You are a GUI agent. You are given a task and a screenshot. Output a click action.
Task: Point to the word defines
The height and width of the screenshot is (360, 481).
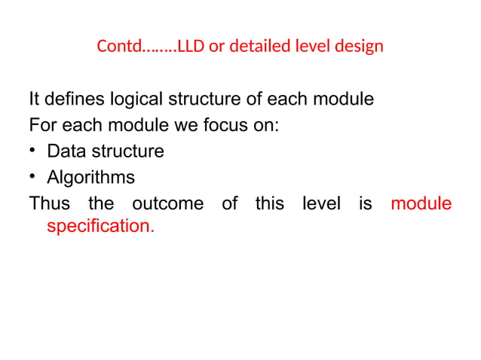coord(73,99)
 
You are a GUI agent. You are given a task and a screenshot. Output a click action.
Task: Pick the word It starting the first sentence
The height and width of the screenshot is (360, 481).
coord(34,99)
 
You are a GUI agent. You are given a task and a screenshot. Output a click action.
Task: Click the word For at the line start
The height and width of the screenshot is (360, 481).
coord(42,126)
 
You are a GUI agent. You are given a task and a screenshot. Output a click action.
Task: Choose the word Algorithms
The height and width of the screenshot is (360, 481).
coord(91,178)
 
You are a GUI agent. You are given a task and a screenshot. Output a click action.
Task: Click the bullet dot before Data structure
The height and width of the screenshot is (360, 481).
coord(34,151)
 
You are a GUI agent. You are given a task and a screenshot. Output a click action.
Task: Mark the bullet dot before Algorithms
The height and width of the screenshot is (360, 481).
coord(34,178)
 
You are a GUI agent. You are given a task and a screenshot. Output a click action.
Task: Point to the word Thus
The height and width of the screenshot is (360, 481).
coord(49,203)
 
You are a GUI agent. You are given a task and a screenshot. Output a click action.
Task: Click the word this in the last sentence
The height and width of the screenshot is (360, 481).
coord(269,203)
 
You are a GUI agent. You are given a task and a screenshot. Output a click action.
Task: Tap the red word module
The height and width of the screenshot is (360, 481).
coord(421,203)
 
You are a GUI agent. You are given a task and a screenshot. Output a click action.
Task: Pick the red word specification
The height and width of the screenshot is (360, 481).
coord(100,226)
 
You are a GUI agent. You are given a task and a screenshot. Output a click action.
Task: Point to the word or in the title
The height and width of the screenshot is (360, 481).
coord(216,47)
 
